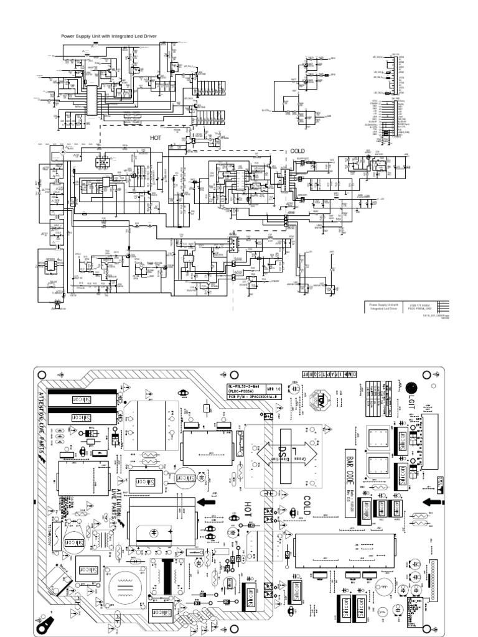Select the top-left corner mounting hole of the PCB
pyautogui.click(x=42, y=375)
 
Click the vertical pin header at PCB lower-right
pyautogui.click(x=433, y=573)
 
